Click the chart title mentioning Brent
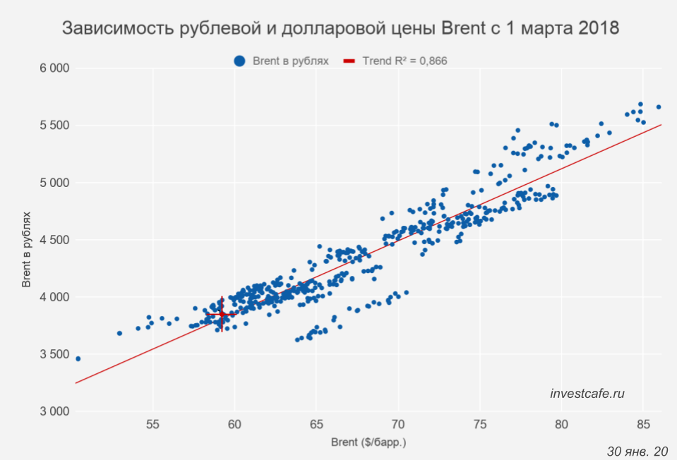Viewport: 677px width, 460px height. click(x=340, y=29)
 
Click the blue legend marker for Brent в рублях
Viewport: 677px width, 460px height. click(x=239, y=61)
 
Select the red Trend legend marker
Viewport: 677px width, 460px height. click(x=349, y=61)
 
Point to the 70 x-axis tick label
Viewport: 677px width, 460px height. click(x=398, y=425)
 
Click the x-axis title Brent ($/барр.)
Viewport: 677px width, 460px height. click(x=369, y=443)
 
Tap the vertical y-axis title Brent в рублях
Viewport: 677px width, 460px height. click(x=26, y=240)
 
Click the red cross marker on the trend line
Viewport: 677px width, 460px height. click(x=222, y=314)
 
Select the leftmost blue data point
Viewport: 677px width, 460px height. click(x=78, y=358)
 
